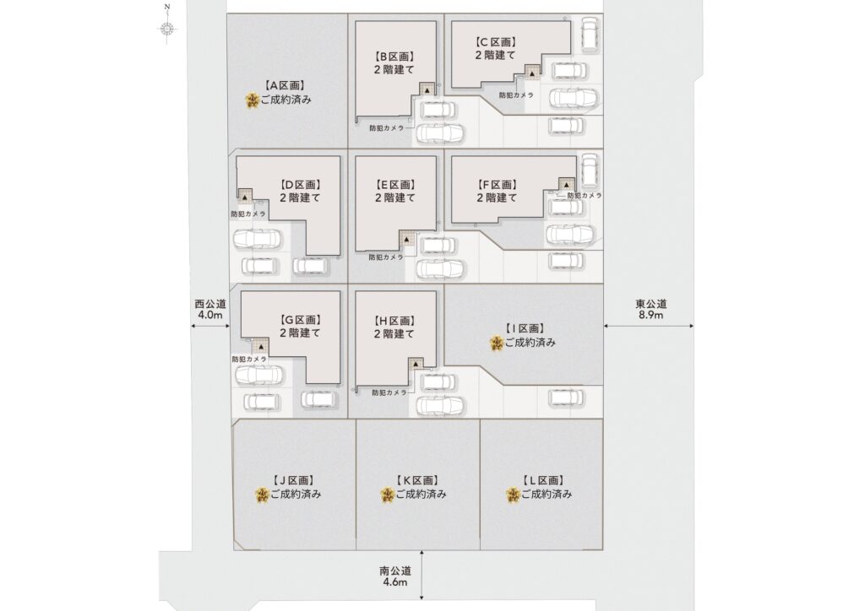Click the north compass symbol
(x=167, y=27)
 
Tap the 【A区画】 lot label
(x=286, y=86)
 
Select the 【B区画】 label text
(x=394, y=57)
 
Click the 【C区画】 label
(x=496, y=42)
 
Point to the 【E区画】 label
(x=395, y=185)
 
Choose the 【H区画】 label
(x=394, y=322)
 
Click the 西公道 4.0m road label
(x=210, y=309)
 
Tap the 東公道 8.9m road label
(x=651, y=309)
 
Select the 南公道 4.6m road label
(x=395, y=576)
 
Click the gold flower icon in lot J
(x=262, y=495)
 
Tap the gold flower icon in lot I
(x=497, y=343)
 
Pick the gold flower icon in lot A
(x=253, y=100)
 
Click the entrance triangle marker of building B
(x=427, y=89)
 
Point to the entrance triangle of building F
(x=566, y=185)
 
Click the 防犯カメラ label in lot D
(x=248, y=214)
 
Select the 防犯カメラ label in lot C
(x=516, y=95)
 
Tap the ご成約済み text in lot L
(x=547, y=495)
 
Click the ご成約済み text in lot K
(x=421, y=495)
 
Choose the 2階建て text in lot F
(x=497, y=197)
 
